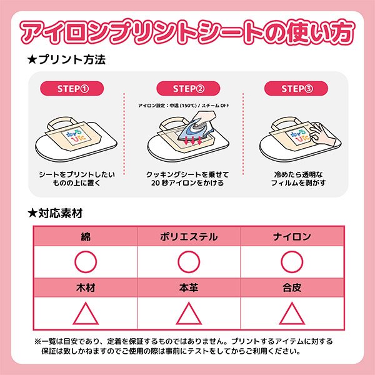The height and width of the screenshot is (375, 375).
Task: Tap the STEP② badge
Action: pos(187,88)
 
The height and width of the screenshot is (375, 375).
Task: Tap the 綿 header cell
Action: pos(86,237)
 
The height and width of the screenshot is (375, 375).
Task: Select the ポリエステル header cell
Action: pos(187,237)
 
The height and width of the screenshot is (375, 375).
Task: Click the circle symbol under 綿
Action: pos(86,261)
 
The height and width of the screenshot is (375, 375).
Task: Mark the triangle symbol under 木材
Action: pos(86,314)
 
